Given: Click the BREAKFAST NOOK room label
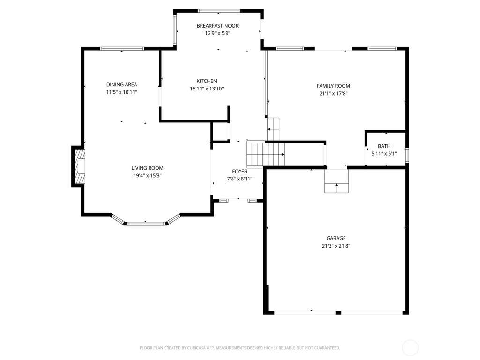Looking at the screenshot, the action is pos(217,26).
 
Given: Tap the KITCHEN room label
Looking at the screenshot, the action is pos(207,81).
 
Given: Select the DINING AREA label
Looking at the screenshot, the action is pos(121,84).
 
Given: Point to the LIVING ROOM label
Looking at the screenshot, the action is pos(147,168).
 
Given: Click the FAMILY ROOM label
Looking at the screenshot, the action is pos(333,86).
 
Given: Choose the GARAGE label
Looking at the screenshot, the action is pos(336,238).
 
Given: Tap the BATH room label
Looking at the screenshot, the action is pos(384,146).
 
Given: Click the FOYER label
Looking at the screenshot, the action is pos(240,171).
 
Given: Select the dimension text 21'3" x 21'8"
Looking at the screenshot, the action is pos(336,246).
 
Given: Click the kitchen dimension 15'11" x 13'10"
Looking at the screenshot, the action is pos(207,89).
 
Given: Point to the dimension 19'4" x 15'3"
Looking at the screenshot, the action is pos(147,175).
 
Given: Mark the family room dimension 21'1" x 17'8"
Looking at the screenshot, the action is pos(333,94).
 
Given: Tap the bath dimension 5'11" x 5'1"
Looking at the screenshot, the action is pos(384,154).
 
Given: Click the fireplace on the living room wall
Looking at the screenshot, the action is pos(78,166).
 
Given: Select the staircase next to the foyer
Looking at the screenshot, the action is pos(265,154).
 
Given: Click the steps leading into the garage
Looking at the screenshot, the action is pos(337,181).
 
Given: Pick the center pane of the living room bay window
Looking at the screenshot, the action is pos(145,224).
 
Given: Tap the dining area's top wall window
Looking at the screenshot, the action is pos(122,48).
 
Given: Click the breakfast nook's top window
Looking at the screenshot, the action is pos(219,11).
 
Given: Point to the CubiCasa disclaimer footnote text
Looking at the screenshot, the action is pos(240,348).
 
